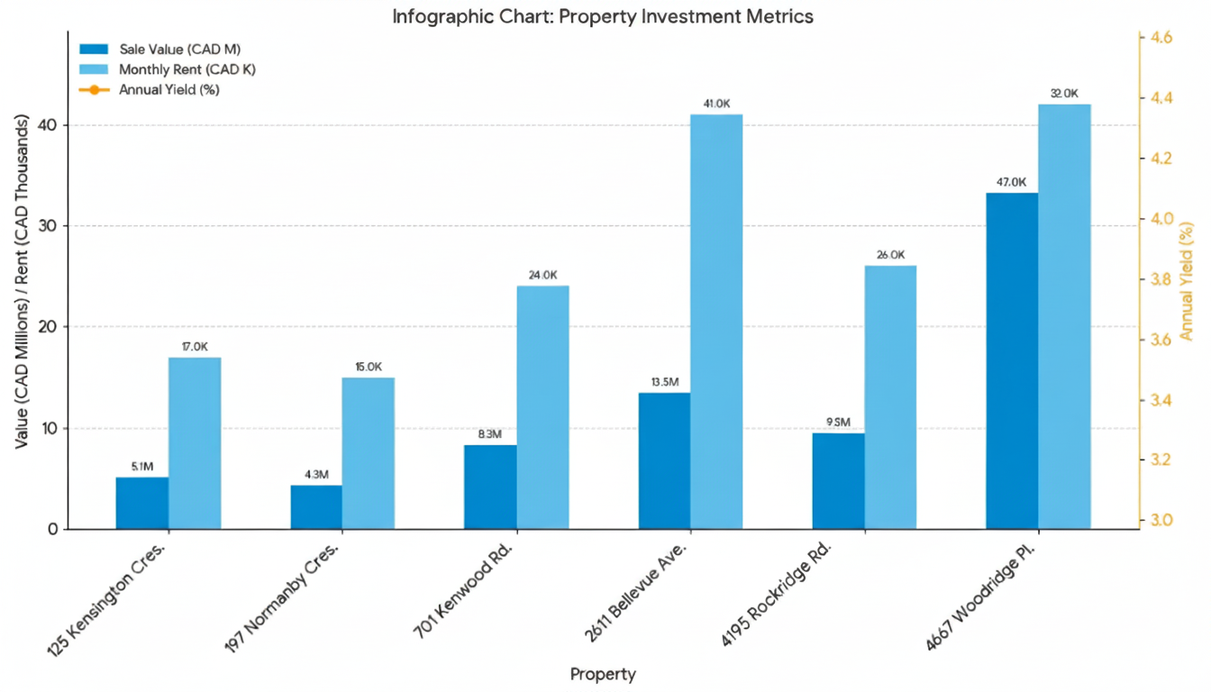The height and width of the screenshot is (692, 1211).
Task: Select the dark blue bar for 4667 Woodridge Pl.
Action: tap(1012, 360)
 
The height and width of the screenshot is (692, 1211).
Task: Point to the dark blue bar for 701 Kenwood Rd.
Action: tap(490, 487)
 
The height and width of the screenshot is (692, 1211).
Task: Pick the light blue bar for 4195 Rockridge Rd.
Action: tap(890, 396)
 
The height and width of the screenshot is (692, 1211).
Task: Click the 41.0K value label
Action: tap(716, 104)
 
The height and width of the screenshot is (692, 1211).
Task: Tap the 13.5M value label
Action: tap(664, 382)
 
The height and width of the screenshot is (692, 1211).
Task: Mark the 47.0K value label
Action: tap(1011, 182)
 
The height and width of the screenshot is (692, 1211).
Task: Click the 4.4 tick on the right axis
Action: tap(1155, 97)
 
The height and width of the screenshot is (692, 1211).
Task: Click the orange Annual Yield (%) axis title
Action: tap(1186, 279)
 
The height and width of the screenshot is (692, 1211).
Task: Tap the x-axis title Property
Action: tap(603, 674)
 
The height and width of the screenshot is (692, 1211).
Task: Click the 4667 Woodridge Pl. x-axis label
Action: tap(989, 596)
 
